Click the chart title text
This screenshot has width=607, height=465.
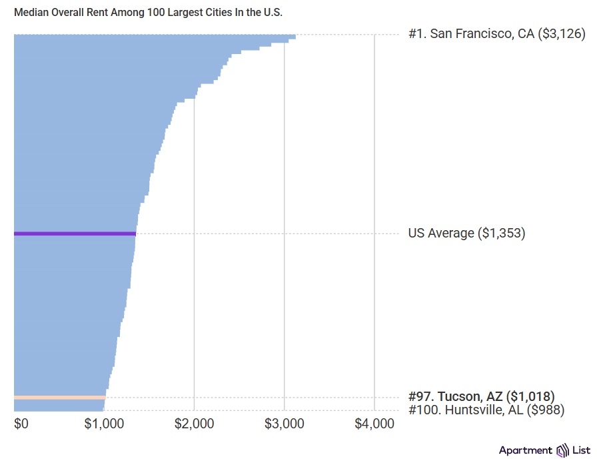click(148, 13)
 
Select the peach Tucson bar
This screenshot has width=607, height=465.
click(59, 398)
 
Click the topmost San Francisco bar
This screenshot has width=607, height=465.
click(154, 36)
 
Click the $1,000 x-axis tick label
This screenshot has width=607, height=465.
click(104, 424)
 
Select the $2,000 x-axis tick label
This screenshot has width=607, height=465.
click(194, 424)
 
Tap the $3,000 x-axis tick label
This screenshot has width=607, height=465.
click(285, 424)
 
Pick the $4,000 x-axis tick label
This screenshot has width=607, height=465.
click(374, 424)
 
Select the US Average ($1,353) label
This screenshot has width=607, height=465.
click(466, 234)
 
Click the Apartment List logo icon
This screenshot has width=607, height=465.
click(562, 450)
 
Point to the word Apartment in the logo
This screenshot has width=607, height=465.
click(525, 450)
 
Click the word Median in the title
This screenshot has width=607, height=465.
click(31, 13)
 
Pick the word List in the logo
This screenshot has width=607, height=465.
click(581, 450)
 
